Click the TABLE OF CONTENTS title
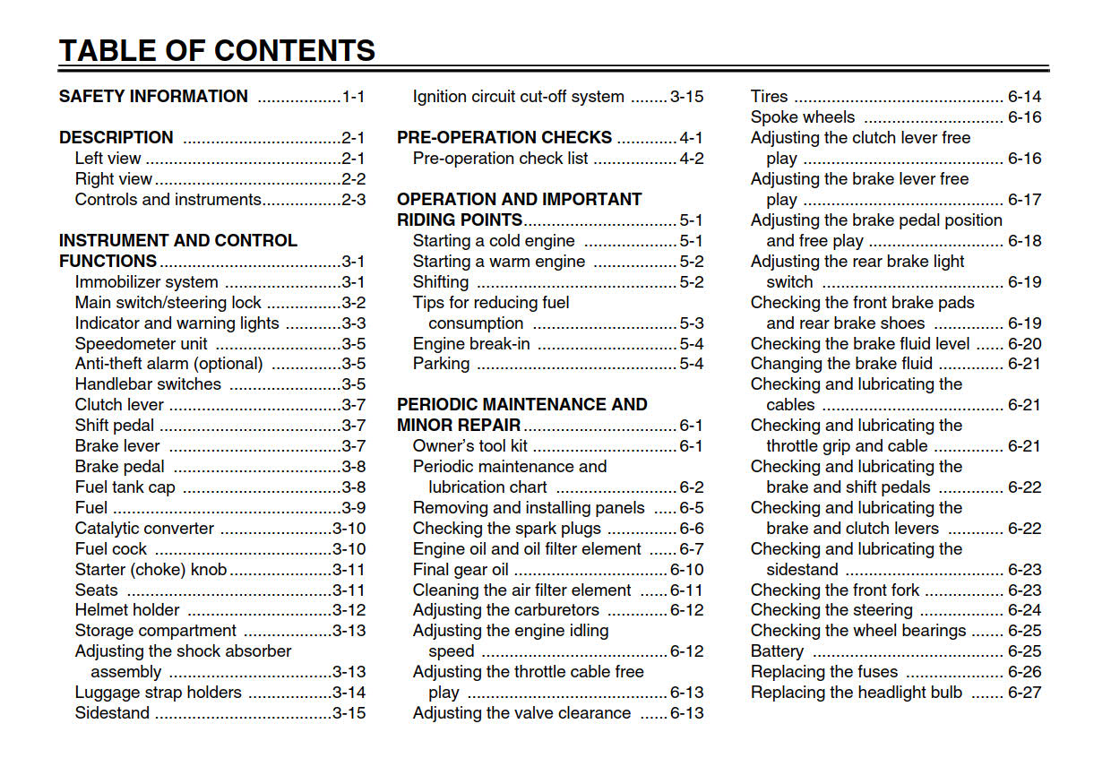pos(217,50)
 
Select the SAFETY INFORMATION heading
pos(153,97)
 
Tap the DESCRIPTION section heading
pos(116,138)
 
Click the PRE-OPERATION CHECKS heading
pos(504,138)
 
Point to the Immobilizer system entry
pos(146,282)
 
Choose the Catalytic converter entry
pos(144,529)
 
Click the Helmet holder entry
pos(127,610)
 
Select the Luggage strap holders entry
pos(159,693)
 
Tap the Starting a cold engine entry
pos(494,241)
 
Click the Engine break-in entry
pos(471,344)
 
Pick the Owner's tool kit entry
pos(470,446)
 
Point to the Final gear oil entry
pos(461,570)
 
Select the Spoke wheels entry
pos(803,117)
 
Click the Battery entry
pos(777,651)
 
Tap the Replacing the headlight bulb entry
pos(857,693)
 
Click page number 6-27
pos(1024,693)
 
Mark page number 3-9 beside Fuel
pos(353,508)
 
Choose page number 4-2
pos(691,159)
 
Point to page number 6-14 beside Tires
pos(1024,97)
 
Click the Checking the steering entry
pos(831,610)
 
